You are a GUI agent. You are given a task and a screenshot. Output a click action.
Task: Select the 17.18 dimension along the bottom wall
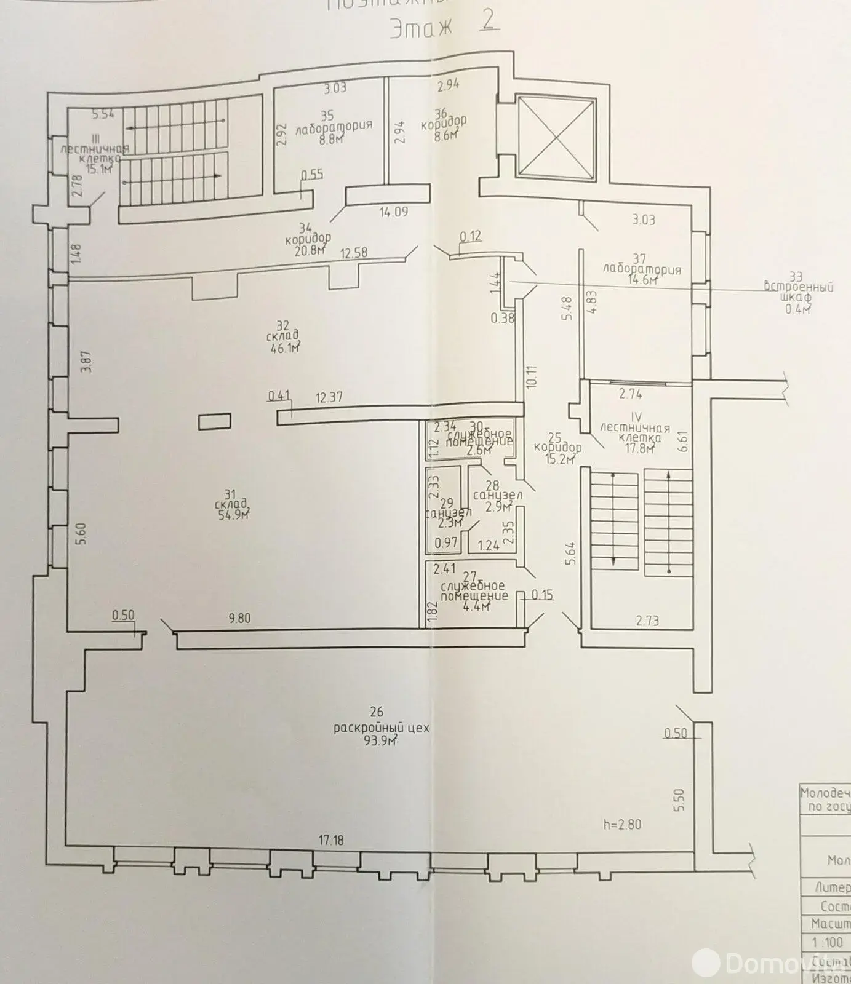coord(331,839)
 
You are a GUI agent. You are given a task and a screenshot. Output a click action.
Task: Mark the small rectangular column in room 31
coord(215,421)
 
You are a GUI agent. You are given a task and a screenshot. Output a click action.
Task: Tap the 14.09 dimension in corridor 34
coord(394,213)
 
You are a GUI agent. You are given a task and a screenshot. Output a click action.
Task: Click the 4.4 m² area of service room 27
coord(476,607)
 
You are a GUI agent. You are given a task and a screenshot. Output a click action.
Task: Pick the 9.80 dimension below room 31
coord(239,619)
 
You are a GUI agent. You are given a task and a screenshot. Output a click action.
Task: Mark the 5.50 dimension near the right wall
coord(679,799)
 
